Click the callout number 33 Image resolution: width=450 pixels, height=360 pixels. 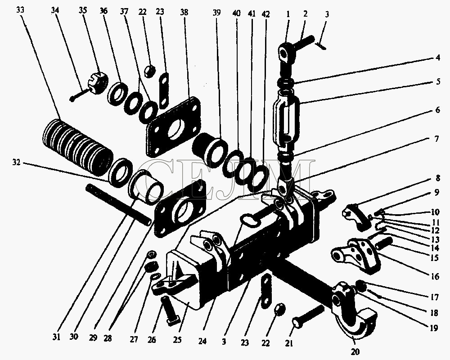(x=20, y=10)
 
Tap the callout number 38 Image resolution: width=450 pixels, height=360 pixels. (x=184, y=12)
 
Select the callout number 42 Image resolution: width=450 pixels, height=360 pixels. (x=266, y=14)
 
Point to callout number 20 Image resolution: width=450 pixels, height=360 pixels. (x=355, y=351)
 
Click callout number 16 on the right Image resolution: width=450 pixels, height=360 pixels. (x=435, y=276)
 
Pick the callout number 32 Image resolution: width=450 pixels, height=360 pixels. (x=16, y=162)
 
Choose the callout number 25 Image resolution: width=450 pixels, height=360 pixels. (x=177, y=340)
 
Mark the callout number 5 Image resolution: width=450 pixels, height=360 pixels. (x=438, y=81)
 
